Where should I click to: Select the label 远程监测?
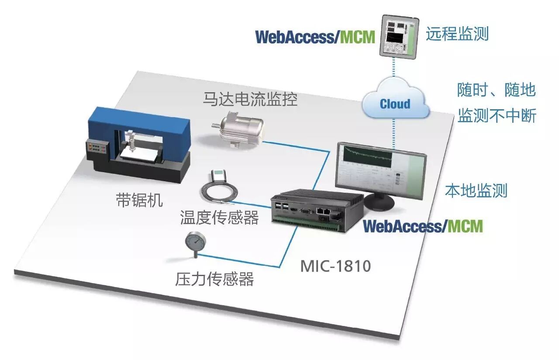tap(457, 34)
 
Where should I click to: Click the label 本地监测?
tap(476, 190)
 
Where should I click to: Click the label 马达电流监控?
tap(250, 99)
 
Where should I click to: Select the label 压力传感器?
tap(214, 279)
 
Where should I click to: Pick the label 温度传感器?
tap(219, 217)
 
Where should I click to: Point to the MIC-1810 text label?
tap(335, 265)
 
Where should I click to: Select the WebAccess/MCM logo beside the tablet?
tap(315, 37)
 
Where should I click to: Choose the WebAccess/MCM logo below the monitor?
tap(423, 226)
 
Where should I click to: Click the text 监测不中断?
tap(497, 117)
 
